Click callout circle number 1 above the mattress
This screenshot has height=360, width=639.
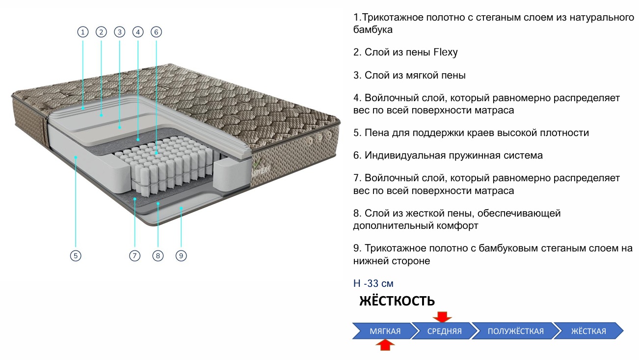(83, 32)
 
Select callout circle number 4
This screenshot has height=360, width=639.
(138, 32)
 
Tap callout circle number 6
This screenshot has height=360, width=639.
(156, 32)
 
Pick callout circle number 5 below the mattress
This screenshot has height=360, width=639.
(75, 255)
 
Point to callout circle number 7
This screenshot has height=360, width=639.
(135, 255)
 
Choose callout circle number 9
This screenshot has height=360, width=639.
(181, 255)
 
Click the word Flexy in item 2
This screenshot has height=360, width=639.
(446, 52)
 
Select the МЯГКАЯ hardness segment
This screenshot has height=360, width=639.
(385, 331)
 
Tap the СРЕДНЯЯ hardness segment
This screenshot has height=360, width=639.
(444, 331)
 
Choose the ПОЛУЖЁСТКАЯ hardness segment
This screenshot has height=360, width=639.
(515, 331)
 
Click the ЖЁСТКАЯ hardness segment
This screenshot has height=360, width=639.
(588, 331)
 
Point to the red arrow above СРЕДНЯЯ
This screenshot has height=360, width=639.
(442, 316)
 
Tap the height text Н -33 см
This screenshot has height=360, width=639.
(373, 283)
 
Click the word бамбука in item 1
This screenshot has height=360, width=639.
(373, 30)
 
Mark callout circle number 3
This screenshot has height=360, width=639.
(120, 32)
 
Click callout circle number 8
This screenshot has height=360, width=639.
(158, 255)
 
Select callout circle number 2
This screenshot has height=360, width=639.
(101, 32)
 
